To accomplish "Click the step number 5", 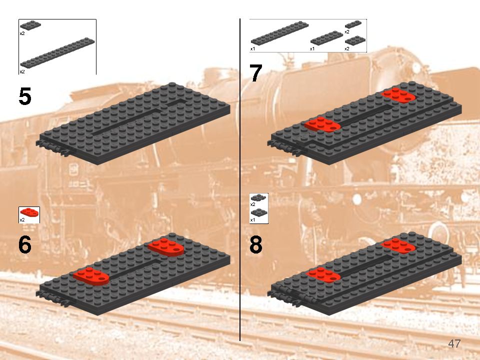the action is [25, 96].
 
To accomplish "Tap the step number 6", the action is [25, 244].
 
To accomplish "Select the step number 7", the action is [256, 73].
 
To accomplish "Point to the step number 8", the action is [256, 244].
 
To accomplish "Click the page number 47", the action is [454, 343].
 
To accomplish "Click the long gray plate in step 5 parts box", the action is [57, 52].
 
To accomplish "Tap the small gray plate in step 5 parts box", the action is [30, 25].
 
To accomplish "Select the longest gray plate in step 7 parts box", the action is [280, 33].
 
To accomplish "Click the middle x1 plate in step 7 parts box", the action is [326, 38].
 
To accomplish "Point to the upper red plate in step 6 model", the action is [166, 246].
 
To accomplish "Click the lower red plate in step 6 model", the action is [91, 276].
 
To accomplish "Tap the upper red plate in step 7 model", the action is [398, 95].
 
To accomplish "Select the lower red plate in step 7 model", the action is [322, 124].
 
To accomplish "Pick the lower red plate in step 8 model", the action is [323, 274].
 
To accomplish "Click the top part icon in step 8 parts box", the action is [259, 198].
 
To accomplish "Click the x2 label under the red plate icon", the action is [22, 220].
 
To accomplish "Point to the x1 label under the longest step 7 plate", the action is [252, 48].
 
